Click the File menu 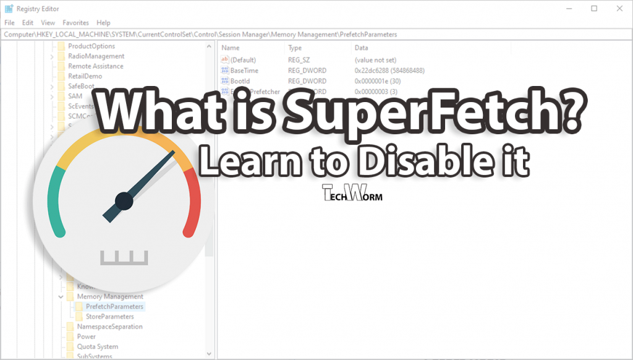click(9, 22)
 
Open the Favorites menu click(75, 22)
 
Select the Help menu click(103, 22)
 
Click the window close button click(619, 9)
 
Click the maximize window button click(594, 9)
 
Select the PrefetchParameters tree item click(114, 307)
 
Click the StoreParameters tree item click(109, 317)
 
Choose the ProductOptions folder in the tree click(91, 46)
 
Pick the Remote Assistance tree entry click(95, 66)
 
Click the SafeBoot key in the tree click(81, 86)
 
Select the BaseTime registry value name click(245, 71)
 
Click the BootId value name click(240, 81)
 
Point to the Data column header click(361, 48)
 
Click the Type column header click(295, 48)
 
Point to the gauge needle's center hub click(124, 200)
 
